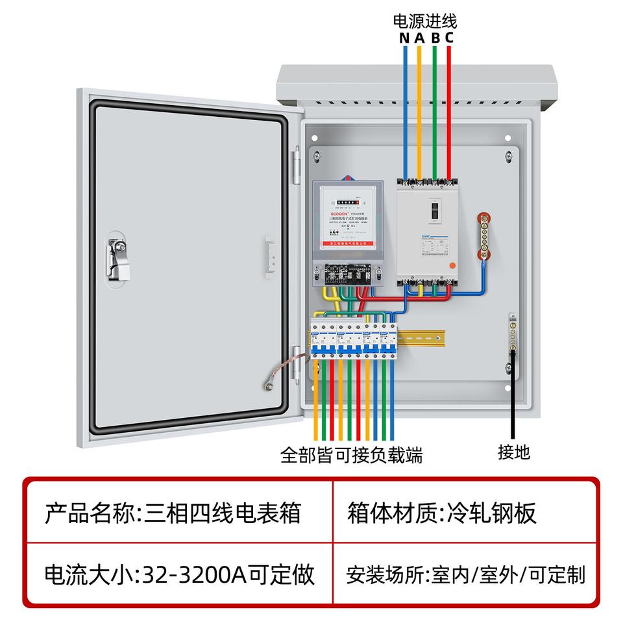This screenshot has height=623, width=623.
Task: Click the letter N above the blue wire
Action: [404, 37]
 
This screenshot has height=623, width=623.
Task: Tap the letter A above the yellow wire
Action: [419, 37]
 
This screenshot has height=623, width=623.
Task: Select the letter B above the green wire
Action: [435, 37]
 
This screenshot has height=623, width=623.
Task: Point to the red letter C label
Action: [449, 37]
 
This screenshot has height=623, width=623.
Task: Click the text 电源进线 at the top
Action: [425, 21]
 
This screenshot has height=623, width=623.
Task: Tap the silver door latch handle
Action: [117, 260]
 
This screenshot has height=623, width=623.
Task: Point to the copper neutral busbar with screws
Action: [483, 237]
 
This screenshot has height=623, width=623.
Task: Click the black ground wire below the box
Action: [513, 402]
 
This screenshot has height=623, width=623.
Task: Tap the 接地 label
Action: [514, 452]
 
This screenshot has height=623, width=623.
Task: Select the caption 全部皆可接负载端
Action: [352, 455]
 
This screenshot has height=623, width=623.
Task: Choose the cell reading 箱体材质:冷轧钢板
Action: [443, 513]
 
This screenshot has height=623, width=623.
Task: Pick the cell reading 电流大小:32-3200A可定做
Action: [179, 574]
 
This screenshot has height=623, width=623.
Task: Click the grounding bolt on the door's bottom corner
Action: [267, 387]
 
